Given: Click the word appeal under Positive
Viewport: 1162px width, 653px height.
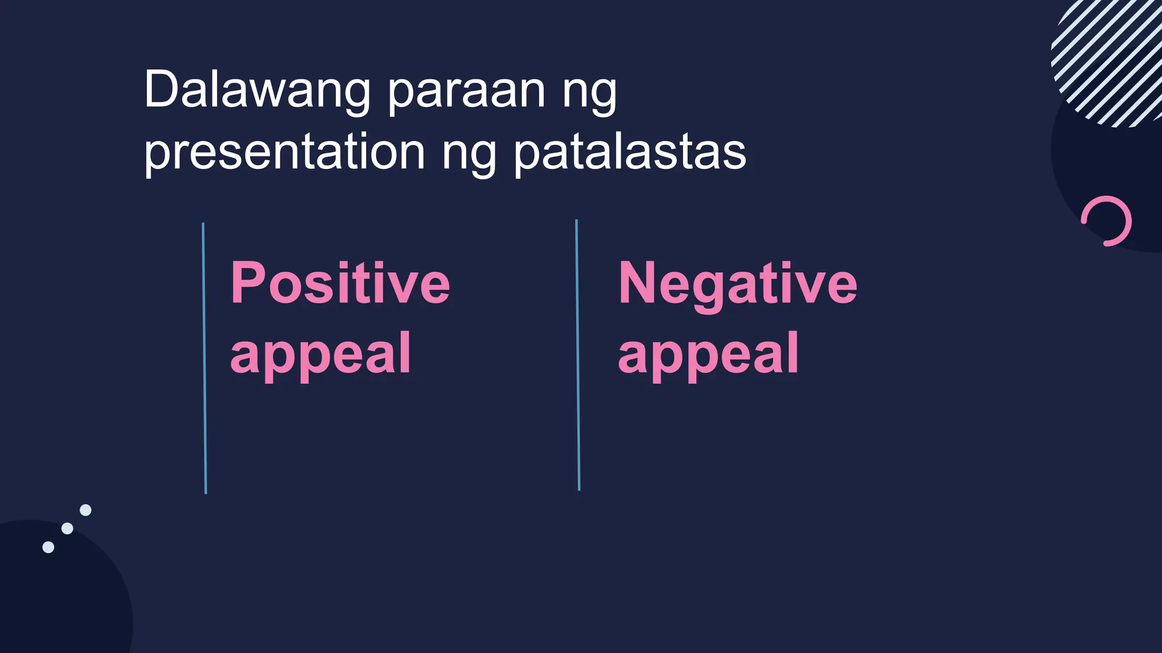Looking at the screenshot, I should (321, 354).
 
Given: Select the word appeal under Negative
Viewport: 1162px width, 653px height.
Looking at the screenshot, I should (709, 354).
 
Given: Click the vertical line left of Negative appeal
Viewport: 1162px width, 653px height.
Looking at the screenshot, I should (578, 355).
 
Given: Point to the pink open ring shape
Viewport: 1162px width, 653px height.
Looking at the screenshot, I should (1107, 221).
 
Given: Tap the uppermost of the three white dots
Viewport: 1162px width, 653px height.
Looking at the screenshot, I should (86, 510).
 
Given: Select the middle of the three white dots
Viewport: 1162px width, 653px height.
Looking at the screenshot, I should (67, 528).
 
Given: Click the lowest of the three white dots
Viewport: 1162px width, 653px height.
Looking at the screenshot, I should (48, 547).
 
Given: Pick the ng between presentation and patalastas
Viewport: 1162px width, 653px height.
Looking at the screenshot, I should (469, 154).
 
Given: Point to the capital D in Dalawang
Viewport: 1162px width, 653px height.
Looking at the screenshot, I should (163, 90).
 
